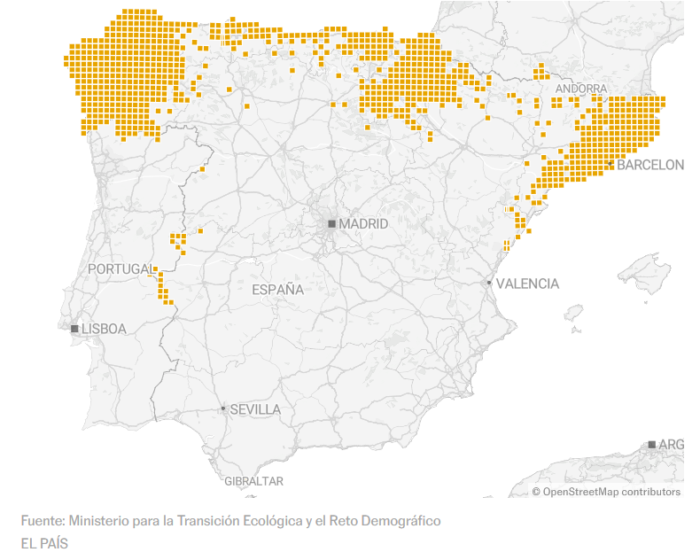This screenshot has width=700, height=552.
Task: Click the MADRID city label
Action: (363, 224)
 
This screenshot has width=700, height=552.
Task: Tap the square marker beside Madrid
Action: (332, 224)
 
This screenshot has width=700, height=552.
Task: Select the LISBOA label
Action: (104, 329)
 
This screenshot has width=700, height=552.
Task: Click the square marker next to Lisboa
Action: (75, 329)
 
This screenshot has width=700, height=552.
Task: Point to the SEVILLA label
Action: (255, 409)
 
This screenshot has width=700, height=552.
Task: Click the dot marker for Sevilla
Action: (223, 409)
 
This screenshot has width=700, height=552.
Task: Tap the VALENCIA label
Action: (527, 284)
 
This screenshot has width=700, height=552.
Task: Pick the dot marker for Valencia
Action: (489, 283)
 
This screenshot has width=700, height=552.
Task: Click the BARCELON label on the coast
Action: (650, 165)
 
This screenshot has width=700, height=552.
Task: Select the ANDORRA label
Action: (581, 89)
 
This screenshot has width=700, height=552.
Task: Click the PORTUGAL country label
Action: (121, 268)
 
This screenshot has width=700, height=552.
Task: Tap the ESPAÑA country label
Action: (277, 290)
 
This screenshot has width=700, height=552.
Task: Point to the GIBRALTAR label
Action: (253, 481)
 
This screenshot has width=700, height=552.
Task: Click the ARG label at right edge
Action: (672, 444)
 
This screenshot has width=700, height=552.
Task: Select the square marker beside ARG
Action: (652, 444)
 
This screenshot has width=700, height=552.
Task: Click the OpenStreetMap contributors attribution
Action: (611, 492)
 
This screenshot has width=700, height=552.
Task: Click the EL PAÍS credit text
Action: (44, 542)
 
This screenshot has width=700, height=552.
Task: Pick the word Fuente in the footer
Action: (42, 520)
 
